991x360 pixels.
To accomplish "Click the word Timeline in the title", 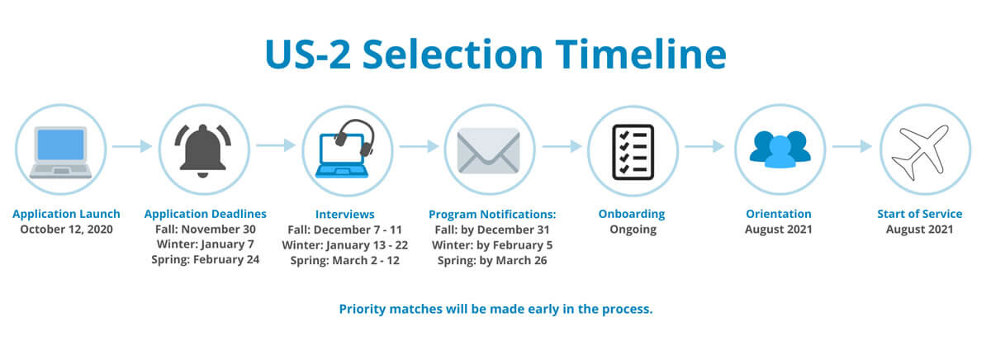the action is point(641,54).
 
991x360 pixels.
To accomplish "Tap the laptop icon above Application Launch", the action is point(60,152).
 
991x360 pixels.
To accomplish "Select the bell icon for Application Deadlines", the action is point(202,151).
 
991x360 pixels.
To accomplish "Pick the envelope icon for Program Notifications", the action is point(488,151).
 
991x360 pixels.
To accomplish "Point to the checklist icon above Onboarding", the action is point(633,152).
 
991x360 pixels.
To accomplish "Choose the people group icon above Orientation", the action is point(780,149).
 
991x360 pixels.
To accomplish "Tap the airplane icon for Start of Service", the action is point(920,152).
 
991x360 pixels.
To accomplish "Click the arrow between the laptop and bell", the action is point(132,146).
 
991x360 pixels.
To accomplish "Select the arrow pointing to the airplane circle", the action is point(851,146).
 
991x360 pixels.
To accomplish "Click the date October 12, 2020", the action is point(66,229).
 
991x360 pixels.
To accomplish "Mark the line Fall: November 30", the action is point(206,229).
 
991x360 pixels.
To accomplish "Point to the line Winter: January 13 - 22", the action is point(344,245).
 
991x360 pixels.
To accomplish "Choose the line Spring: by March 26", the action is point(492,260).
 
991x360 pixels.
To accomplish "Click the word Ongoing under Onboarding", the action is point(633,230).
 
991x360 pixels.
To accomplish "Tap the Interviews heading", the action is point(344,214).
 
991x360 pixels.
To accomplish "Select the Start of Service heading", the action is point(919,214).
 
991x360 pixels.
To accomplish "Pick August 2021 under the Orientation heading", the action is point(778,229).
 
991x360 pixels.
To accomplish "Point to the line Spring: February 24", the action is point(206,259).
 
